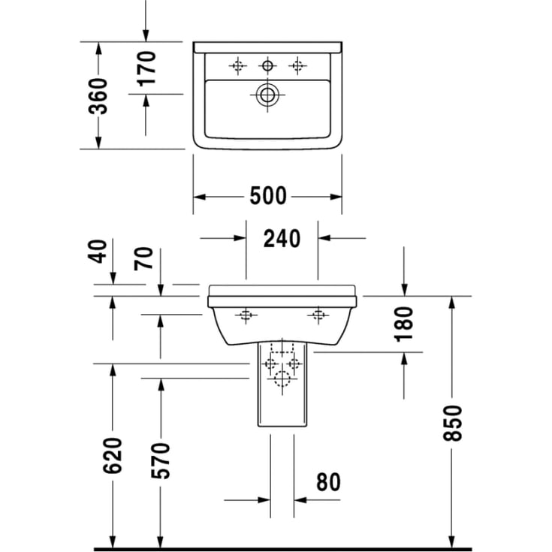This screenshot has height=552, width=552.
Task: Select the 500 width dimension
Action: (x=267, y=196)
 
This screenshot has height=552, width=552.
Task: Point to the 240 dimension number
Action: (x=282, y=238)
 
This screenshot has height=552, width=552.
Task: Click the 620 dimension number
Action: (x=113, y=455)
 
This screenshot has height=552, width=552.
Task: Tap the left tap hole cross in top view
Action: (x=238, y=66)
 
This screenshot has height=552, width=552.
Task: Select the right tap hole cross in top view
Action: (x=297, y=66)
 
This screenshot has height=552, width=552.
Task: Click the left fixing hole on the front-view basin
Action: (x=246, y=315)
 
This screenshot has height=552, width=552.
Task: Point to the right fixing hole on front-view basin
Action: (x=319, y=315)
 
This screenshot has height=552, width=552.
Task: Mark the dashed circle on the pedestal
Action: (x=282, y=380)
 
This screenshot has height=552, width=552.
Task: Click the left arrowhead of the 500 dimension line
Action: (x=198, y=197)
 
